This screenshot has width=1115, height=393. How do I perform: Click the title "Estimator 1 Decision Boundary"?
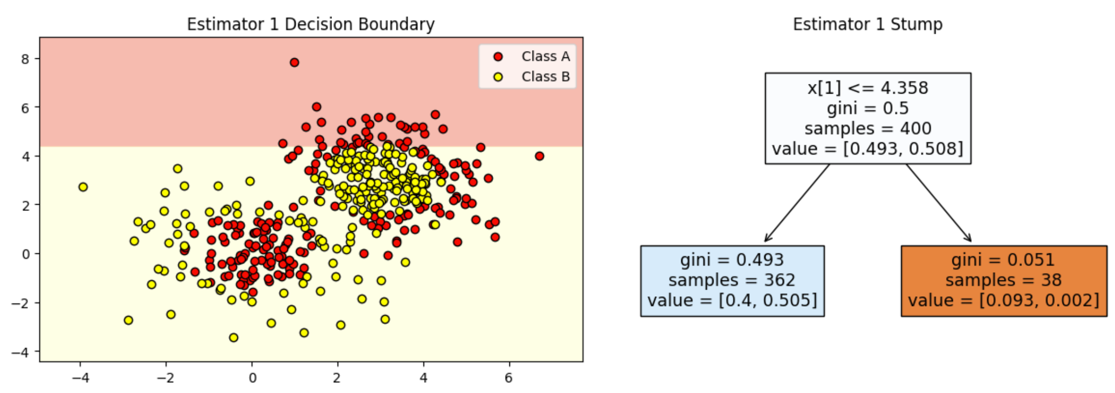(310, 24)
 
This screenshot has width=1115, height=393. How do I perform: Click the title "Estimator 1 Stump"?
(867, 24)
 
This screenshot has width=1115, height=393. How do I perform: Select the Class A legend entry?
(532, 56)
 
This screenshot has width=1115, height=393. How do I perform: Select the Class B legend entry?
(532, 77)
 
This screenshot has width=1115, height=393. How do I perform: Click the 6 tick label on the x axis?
(508, 378)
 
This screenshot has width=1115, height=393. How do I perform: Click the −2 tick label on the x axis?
(165, 378)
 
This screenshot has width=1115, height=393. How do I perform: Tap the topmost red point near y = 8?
(294, 62)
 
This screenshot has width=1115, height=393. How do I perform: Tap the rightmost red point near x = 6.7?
(539, 156)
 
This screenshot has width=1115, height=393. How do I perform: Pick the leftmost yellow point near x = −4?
(83, 187)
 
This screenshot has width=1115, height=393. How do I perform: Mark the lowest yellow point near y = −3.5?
(233, 338)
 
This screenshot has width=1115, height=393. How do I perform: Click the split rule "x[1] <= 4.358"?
(867, 88)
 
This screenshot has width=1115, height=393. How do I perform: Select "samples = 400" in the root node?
(867, 128)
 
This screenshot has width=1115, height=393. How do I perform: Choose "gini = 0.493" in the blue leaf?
(732, 260)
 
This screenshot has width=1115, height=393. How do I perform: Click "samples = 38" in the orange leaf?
(1003, 280)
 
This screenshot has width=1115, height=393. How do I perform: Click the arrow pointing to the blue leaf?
(797, 203)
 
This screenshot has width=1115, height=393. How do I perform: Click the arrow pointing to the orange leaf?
(939, 203)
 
